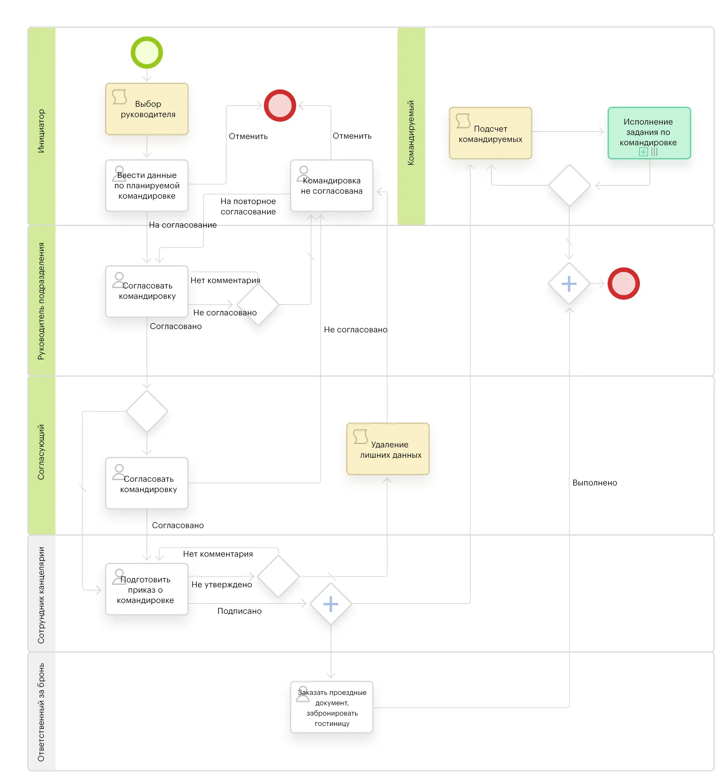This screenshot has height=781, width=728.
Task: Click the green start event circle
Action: point(147,53)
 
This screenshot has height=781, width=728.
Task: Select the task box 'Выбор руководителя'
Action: point(147,109)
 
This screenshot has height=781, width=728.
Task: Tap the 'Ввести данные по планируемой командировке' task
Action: point(147,185)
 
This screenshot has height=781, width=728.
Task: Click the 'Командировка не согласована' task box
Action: point(331,185)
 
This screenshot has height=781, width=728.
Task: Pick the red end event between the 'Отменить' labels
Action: point(280,106)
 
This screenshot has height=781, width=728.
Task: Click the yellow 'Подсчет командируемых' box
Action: point(490,133)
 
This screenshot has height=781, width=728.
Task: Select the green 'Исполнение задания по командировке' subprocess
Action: point(649,133)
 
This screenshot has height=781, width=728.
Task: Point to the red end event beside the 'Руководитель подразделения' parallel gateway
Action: point(623,284)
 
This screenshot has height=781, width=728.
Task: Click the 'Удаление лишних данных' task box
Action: point(388,449)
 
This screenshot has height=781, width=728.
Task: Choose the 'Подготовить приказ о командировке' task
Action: point(147,589)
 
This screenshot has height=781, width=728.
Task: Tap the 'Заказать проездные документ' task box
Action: point(331,707)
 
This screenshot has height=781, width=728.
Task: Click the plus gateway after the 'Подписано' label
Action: point(331,604)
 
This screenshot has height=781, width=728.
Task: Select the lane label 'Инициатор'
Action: point(41,131)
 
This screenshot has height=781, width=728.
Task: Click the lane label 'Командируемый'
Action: point(411,132)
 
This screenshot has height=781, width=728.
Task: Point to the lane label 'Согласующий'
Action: point(41,452)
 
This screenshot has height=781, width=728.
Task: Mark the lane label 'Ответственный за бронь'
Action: point(41,712)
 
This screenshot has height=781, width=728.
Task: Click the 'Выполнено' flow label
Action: point(594,483)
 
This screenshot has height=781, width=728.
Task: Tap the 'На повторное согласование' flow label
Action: point(248,206)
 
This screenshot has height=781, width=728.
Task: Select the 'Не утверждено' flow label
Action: point(222,584)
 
